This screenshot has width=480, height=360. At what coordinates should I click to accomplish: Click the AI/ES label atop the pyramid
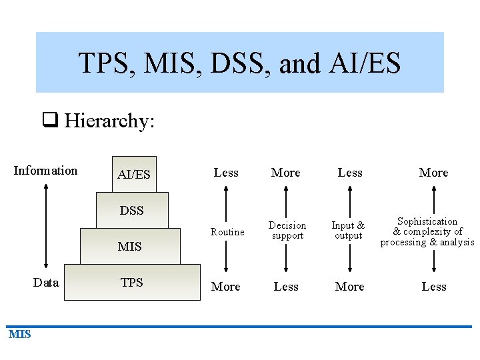(133, 175)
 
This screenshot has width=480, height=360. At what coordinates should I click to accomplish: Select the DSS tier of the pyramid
(132, 211)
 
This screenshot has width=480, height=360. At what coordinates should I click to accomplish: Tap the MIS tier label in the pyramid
(129, 247)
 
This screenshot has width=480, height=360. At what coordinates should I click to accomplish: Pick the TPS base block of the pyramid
(132, 283)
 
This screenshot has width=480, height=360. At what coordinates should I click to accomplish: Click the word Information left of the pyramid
(45, 171)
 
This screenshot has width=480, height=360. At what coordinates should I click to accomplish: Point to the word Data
(46, 283)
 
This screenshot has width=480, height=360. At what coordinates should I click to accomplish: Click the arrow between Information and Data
(46, 227)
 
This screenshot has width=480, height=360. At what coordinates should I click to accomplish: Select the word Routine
(227, 232)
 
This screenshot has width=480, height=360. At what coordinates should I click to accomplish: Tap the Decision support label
(287, 231)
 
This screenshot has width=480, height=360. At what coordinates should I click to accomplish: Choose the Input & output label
(348, 231)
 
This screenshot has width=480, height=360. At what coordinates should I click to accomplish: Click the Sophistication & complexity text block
(427, 231)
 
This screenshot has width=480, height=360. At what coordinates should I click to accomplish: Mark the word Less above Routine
(226, 173)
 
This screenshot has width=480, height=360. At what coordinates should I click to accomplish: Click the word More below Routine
(226, 287)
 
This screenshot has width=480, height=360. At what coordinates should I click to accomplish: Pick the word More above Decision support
(286, 173)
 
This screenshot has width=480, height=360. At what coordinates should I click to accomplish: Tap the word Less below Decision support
(286, 287)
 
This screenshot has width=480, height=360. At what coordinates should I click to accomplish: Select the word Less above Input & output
(350, 173)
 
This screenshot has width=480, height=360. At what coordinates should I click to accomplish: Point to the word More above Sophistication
(433, 173)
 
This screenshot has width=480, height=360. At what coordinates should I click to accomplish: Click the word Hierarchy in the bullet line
(109, 121)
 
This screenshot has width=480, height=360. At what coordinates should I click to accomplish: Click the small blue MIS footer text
(20, 334)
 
